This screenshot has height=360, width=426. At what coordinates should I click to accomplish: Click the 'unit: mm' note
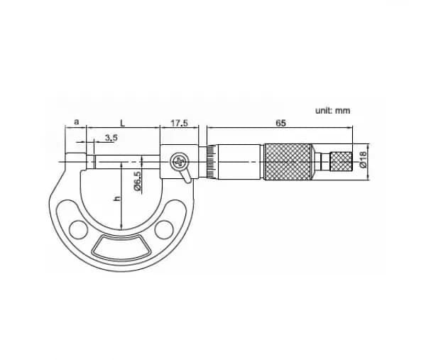[x=332, y=111]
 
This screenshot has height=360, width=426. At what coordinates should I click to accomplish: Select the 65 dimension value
[x=280, y=124]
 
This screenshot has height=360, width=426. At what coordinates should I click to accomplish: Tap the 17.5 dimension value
[x=179, y=123]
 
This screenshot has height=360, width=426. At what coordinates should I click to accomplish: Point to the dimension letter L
[x=123, y=124]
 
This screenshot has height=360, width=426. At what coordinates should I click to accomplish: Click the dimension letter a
[x=77, y=121]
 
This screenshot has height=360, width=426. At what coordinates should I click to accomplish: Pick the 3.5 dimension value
[x=111, y=138]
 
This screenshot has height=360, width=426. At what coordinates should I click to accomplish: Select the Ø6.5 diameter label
[x=137, y=180]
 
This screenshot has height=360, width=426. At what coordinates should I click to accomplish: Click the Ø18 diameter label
[x=363, y=159]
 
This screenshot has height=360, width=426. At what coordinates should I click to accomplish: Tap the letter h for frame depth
[x=117, y=198]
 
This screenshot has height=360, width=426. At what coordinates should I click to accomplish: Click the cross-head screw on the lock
[x=179, y=162]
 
